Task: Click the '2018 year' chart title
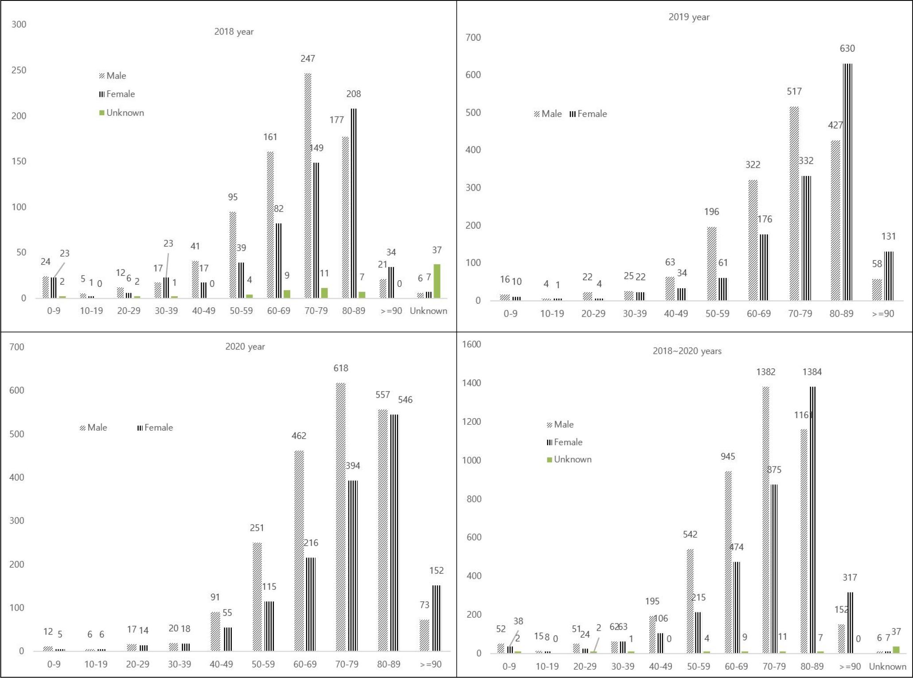234,31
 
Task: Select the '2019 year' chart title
689,17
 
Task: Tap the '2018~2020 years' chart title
687,351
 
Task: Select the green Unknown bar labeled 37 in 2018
437,281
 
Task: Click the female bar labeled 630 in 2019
847,182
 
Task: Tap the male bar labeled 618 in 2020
340,517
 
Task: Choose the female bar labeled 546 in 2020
394,533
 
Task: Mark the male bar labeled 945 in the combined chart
728,562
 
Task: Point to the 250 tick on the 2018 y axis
19,70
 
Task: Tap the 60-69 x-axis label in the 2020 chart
305,664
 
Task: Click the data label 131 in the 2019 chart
888,236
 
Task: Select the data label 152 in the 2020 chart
436,571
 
